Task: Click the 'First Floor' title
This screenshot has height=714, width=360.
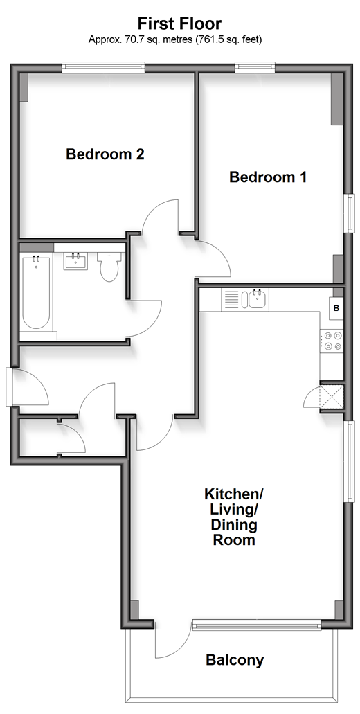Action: click(x=180, y=24)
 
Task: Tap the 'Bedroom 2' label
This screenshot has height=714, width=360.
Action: click(x=105, y=154)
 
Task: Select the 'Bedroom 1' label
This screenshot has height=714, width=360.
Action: click(x=268, y=177)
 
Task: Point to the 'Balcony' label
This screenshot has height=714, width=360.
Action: click(x=235, y=660)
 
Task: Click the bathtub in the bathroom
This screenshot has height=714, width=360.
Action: click(x=36, y=292)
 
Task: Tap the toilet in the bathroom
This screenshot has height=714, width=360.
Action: click(x=109, y=267)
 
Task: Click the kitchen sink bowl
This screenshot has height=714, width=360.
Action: click(x=258, y=300)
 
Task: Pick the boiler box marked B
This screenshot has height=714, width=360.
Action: click(x=336, y=307)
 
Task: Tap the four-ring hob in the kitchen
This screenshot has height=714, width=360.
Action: click(x=332, y=341)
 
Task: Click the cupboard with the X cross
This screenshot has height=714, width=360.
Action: click(x=332, y=397)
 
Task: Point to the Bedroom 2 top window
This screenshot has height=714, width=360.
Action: click(x=104, y=68)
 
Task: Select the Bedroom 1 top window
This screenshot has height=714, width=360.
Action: click(x=255, y=68)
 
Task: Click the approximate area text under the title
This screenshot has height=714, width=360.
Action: click(x=175, y=40)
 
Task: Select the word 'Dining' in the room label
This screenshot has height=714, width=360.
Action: click(x=234, y=526)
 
